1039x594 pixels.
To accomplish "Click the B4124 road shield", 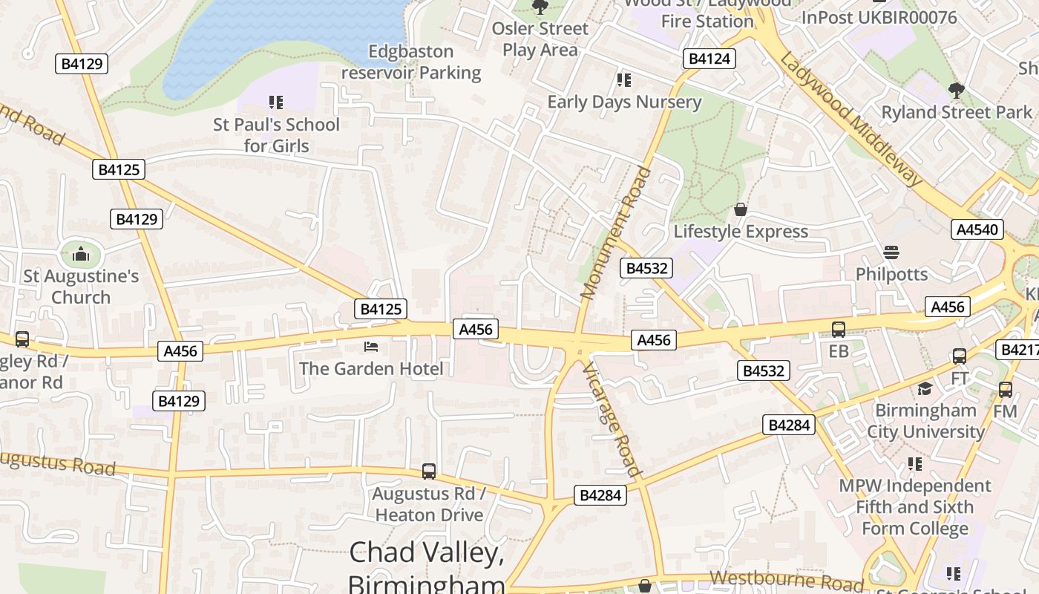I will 709,59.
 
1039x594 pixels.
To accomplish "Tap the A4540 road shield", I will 977,229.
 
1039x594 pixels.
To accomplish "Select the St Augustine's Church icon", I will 81,255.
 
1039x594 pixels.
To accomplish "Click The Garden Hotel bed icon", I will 371,347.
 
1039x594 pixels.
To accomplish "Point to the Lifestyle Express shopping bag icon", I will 740,209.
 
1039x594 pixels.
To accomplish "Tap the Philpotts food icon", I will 891,252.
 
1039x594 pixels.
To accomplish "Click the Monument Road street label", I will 616,234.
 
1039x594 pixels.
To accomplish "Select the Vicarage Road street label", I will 610,420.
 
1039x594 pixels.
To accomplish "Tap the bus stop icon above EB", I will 839,330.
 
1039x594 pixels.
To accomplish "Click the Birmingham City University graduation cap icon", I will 925,388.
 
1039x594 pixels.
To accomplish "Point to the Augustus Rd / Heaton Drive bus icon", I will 428,471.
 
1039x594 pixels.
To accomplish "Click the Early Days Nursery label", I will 624,102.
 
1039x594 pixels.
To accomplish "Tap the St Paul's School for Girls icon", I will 276,102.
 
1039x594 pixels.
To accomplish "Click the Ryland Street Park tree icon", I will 956,91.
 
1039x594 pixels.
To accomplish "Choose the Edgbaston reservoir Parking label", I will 411,62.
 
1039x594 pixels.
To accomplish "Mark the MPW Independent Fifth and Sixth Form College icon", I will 914,464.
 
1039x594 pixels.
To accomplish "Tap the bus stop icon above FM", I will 1005,389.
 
